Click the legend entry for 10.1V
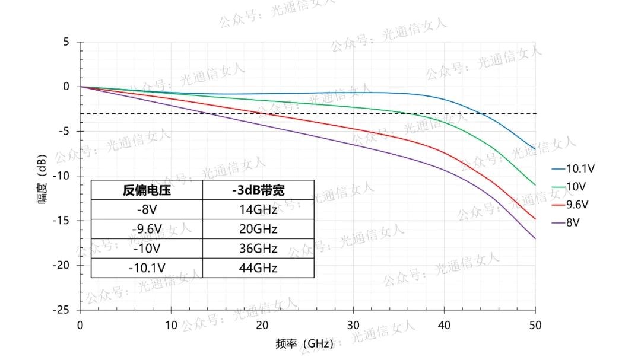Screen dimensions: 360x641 578,168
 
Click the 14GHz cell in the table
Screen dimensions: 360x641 258,209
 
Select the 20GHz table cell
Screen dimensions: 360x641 258,229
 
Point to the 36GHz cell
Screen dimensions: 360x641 258,248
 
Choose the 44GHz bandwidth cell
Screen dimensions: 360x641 258,267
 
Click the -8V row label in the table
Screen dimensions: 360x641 147,209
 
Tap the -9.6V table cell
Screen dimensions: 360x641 147,229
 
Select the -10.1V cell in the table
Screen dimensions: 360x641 147,267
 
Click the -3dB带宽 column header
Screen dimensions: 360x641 258,190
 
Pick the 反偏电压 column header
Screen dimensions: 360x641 147,190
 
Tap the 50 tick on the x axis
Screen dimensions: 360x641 535,326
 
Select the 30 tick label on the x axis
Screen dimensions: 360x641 353,326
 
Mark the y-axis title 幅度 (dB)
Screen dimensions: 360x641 42,176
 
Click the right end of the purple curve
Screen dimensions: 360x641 535,238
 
